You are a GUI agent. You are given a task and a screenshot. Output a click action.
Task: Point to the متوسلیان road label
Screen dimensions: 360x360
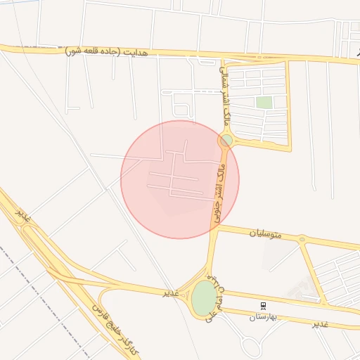[x=265, y=233]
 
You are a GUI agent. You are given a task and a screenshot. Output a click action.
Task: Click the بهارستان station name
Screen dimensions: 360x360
[x=264, y=317]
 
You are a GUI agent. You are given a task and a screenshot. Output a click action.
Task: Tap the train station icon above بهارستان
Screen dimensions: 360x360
[x=264, y=306]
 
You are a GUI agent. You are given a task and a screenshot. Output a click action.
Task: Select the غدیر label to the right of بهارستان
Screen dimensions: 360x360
[x=320, y=323]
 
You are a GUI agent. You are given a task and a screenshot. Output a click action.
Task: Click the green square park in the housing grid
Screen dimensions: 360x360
[x=264, y=103]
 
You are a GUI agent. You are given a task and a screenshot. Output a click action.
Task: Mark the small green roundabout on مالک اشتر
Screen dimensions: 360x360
[x=226, y=141]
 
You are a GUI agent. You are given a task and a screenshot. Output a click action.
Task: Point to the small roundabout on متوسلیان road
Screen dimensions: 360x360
[x=302, y=240]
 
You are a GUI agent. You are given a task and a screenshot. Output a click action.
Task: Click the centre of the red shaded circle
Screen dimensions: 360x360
[x=180, y=179]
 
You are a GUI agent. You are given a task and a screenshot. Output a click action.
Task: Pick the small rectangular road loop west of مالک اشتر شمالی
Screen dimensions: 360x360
[x=181, y=110]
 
